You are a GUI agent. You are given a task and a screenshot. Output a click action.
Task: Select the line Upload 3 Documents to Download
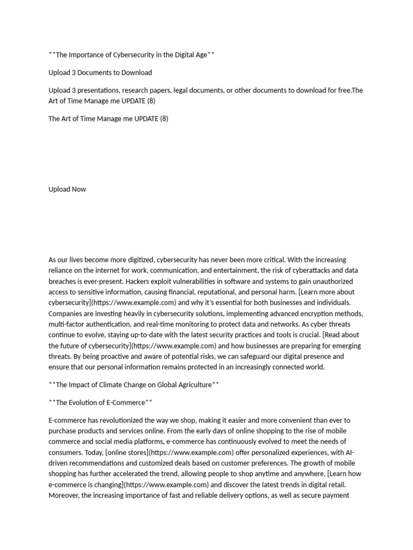(100, 73)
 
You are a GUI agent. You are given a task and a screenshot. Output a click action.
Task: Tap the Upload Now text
(67, 189)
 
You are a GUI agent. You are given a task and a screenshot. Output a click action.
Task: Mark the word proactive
(130, 357)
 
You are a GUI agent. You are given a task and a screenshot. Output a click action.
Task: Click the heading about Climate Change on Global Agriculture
(134, 385)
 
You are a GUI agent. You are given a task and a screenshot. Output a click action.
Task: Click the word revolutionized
(125, 420)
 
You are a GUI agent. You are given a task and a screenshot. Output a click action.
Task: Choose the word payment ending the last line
(336, 495)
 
